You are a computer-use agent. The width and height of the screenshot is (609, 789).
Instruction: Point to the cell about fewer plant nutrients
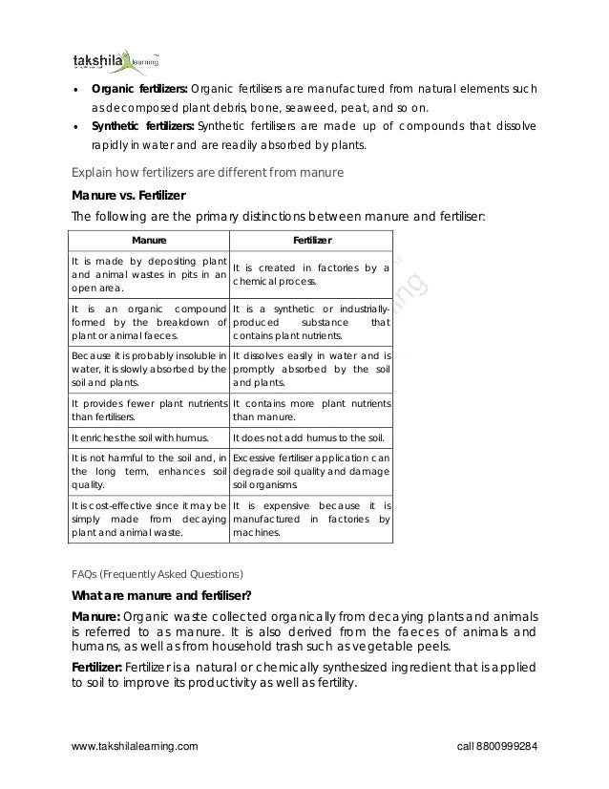click(x=148, y=410)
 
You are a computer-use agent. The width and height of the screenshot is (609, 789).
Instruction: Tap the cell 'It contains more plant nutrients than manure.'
click(x=312, y=410)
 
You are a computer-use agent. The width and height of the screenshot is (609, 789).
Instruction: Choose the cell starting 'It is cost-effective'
click(x=148, y=519)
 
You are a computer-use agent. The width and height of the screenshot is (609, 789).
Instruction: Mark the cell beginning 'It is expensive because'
click(x=312, y=519)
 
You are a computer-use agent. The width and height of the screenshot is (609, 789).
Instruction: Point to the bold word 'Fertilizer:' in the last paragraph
click(x=99, y=666)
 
